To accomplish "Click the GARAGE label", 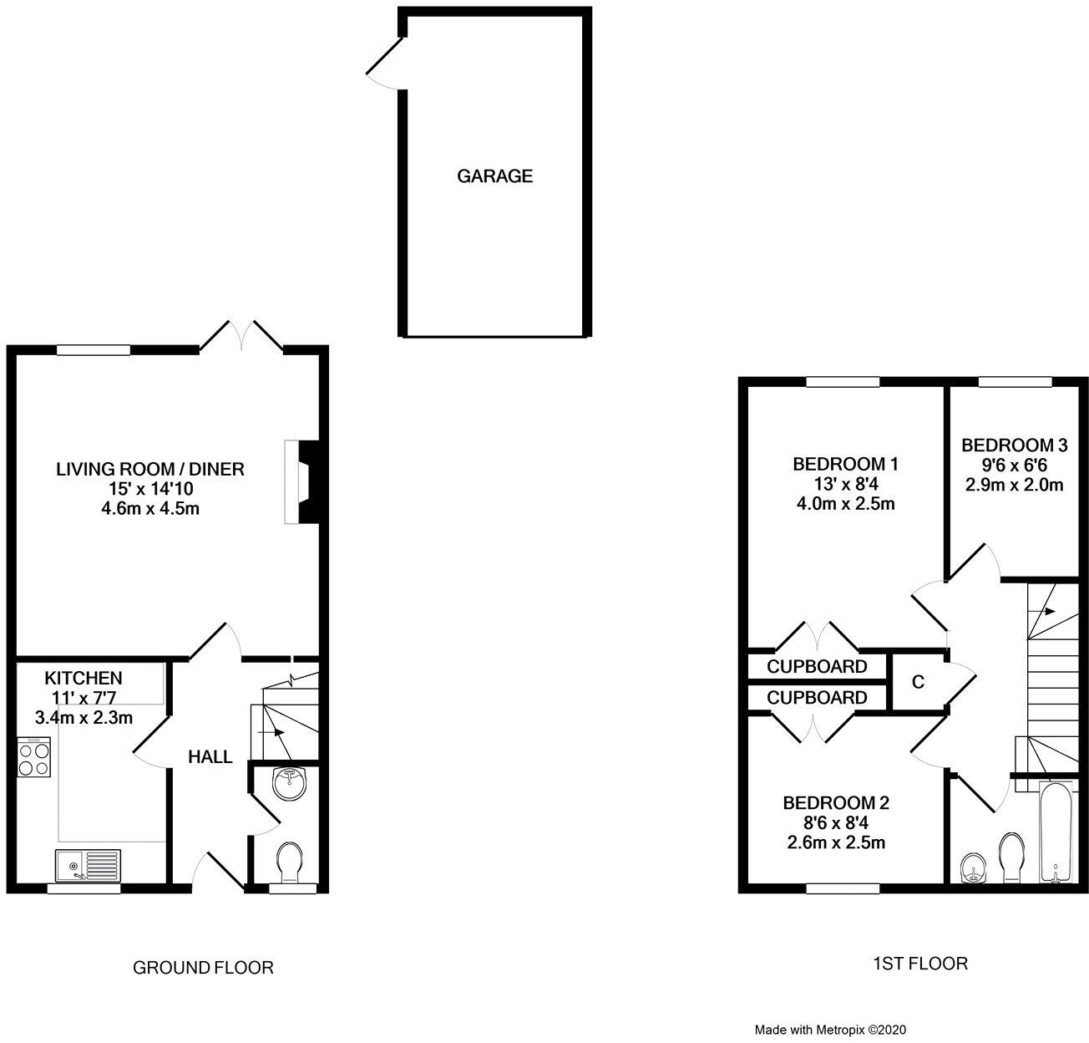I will point(494,176).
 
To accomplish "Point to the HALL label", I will point(210,757).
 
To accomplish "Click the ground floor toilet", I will point(289,861).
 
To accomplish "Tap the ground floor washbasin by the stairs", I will point(289,783).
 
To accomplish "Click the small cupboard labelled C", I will point(918,682).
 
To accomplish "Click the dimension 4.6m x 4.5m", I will point(150,508).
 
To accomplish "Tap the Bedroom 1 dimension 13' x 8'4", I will point(844,483).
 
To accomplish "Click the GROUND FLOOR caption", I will point(203,968).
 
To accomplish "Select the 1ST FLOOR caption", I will point(920,964).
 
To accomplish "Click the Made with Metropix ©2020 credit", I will point(830,1030).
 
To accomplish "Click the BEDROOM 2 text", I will point(835,803).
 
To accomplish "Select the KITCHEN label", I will point(84,678).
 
